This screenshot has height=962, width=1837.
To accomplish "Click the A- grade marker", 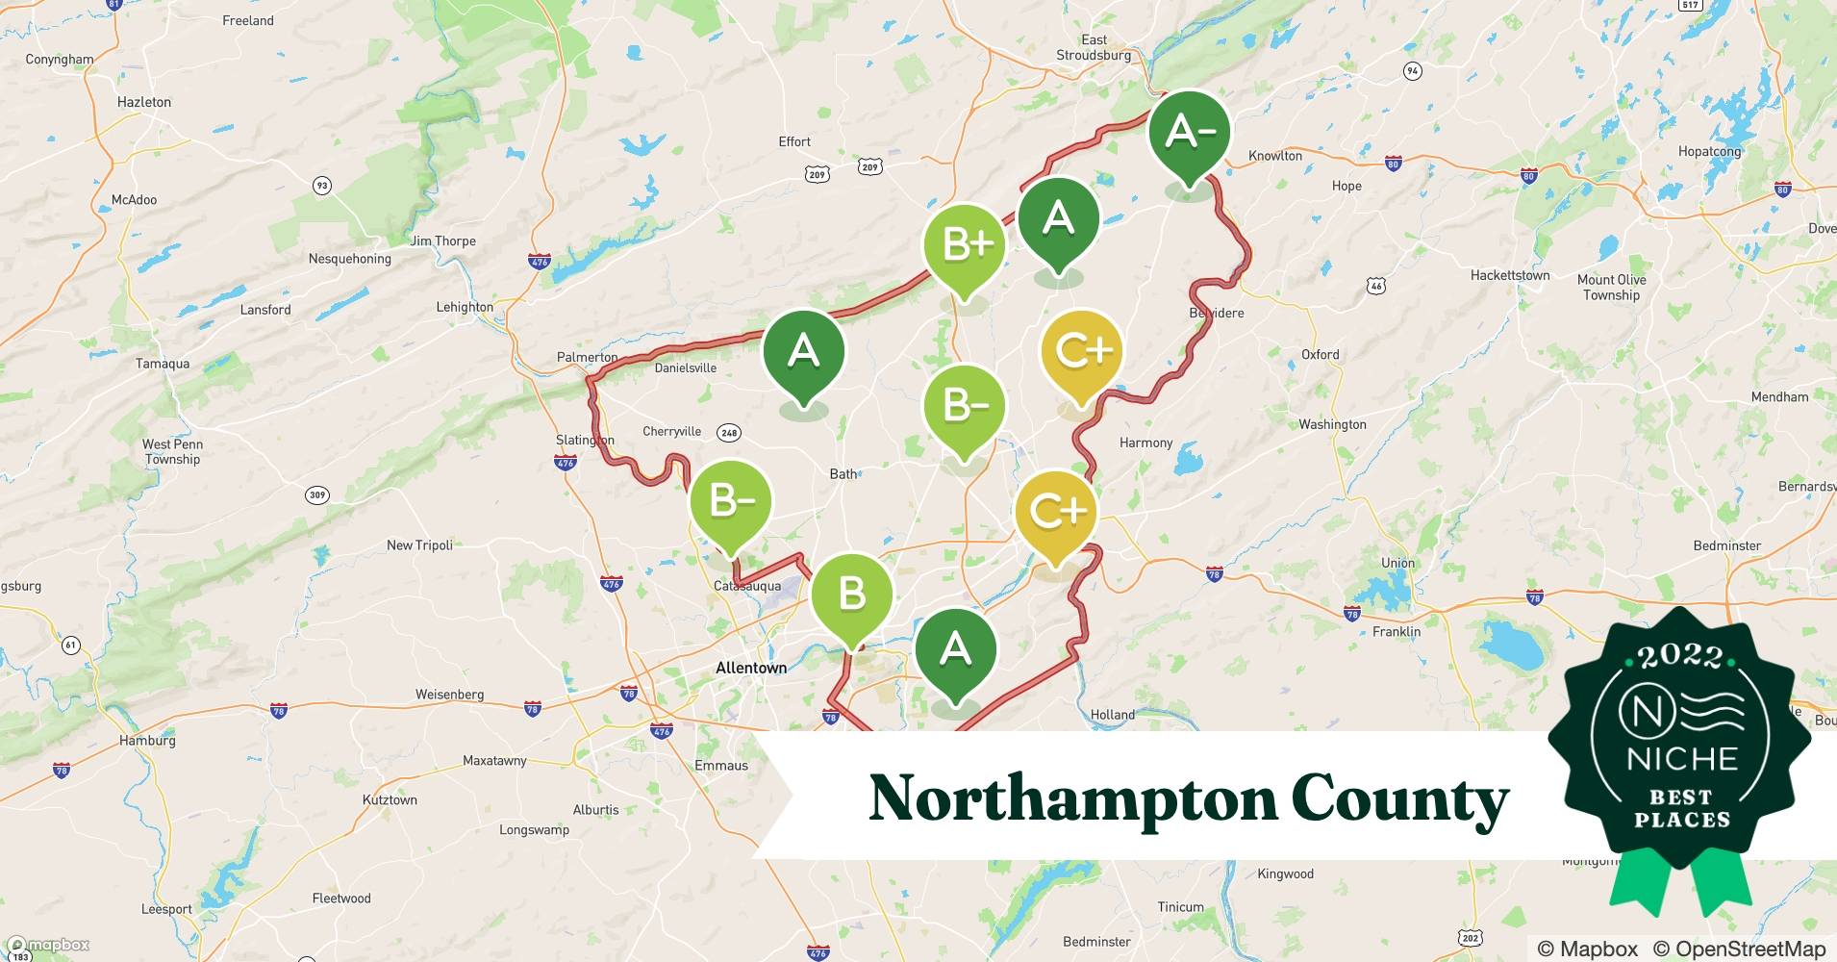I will [1190, 133].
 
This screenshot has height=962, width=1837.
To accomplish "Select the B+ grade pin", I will [965, 246].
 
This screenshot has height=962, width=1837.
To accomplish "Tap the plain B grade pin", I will [852, 595].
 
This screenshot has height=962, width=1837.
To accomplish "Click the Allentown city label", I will [751, 668].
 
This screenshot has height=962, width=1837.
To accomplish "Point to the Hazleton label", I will [144, 102].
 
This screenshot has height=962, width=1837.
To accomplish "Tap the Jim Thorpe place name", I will [443, 241].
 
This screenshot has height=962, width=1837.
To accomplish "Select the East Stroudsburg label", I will [1094, 47].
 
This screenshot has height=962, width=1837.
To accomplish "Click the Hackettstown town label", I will [1510, 275].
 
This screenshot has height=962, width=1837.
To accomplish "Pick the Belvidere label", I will [1217, 313].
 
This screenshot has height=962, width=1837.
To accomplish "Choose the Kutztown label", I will [390, 799].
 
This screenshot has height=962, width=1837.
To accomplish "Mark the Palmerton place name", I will [588, 357].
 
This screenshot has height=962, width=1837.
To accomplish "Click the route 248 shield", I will [729, 433].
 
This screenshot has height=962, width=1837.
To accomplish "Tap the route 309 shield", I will [317, 495].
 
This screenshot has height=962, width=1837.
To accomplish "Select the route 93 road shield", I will [321, 186].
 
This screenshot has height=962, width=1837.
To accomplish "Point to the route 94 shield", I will [1412, 71].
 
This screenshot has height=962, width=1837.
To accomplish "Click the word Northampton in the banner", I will [1071, 798].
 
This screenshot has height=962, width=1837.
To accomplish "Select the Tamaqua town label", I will [163, 364].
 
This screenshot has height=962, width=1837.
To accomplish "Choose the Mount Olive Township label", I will [1611, 288].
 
